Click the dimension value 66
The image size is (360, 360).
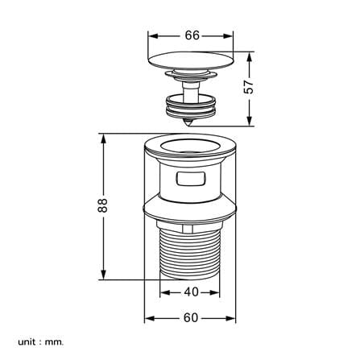192,35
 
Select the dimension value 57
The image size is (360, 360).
249,86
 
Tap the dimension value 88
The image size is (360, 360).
103,205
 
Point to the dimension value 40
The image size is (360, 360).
191,292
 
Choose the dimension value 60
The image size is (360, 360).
191,318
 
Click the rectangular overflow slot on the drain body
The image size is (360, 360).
191,179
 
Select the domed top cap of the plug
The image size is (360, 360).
191,60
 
